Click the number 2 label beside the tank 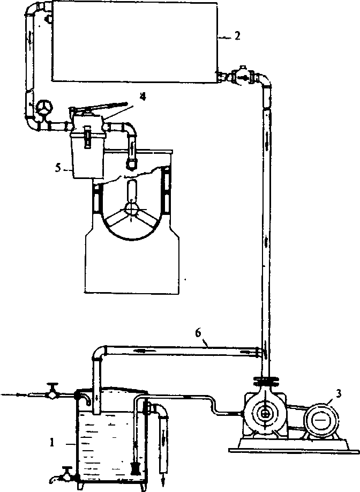pyautogui.click(x=237, y=36)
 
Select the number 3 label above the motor pyautogui.click(x=337, y=394)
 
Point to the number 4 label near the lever pyautogui.click(x=142, y=96)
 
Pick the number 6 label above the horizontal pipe pyautogui.click(x=198, y=333)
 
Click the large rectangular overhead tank pyautogui.click(x=133, y=41)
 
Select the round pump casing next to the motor pyautogui.click(x=266, y=414)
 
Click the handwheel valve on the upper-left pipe pyautogui.click(x=43, y=108)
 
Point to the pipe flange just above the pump pyautogui.click(x=264, y=382)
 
